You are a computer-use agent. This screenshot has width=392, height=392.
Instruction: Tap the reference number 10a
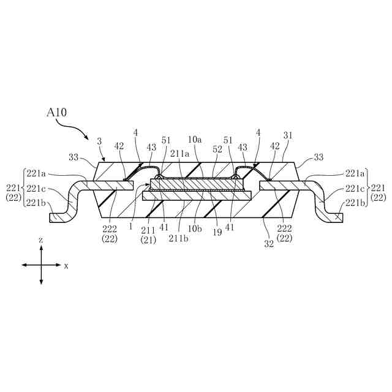pos(195,140)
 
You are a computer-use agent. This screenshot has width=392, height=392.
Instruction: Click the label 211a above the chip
pos(179,153)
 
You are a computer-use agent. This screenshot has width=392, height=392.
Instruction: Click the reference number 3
pos(99,140)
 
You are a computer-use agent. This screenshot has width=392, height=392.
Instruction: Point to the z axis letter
pos(40,241)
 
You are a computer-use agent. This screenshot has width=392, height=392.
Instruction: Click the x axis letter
pos(66,266)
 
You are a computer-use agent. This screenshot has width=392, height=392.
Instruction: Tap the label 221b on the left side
pos(35,203)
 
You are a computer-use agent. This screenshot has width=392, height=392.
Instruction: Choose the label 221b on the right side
pos(355,203)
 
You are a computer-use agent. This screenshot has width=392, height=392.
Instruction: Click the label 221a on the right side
pos(355,173)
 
